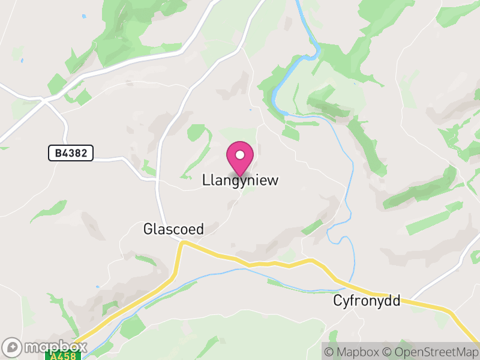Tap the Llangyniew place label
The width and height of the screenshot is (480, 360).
(241, 180)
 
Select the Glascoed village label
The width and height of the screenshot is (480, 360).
(174, 229)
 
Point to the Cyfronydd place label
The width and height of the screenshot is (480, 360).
(367, 301)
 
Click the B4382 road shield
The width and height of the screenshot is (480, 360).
(71, 154)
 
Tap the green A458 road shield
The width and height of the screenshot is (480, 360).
(62, 356)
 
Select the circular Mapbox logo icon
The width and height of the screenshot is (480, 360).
(13, 347)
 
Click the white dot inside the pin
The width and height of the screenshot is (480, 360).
(240, 155)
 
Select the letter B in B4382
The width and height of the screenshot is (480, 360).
(58, 154)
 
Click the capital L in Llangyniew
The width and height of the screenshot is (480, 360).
(206, 180)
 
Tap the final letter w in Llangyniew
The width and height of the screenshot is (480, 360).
(274, 180)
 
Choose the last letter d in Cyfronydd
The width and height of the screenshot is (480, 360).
(396, 301)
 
